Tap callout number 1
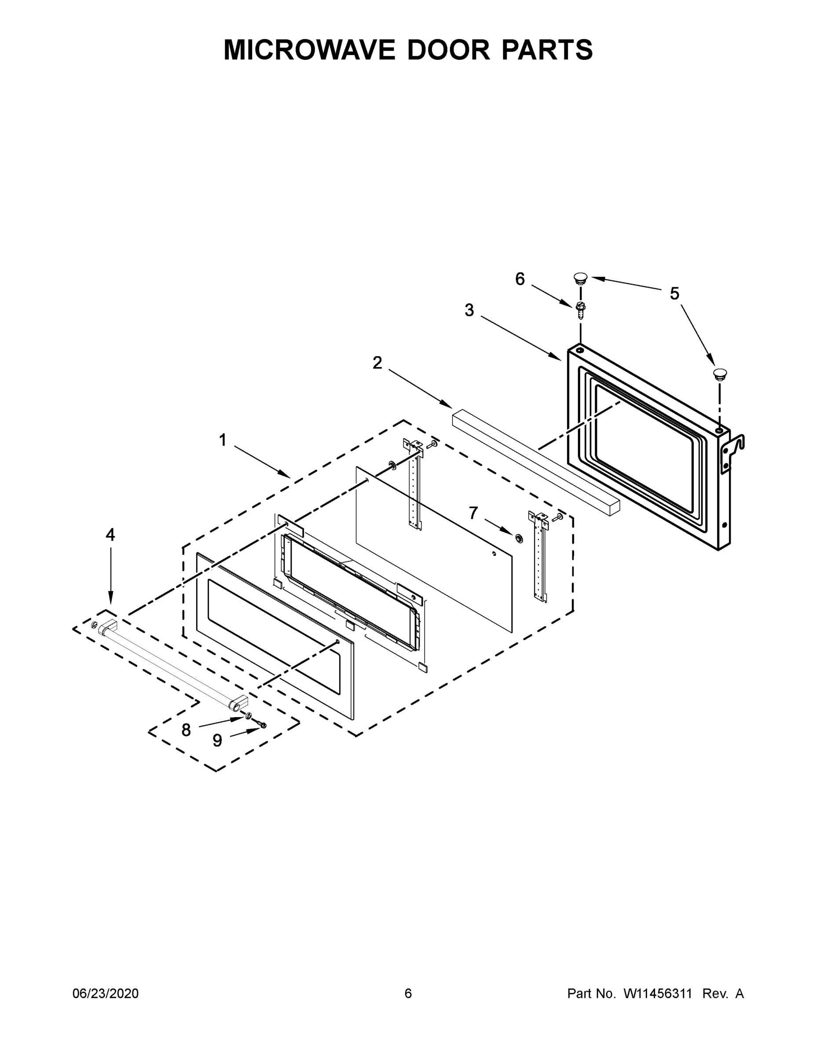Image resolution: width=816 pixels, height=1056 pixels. click(223, 440)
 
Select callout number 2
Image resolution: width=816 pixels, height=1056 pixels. click(377, 363)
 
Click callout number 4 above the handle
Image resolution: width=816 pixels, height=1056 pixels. click(110, 535)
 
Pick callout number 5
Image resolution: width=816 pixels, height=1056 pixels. click(674, 293)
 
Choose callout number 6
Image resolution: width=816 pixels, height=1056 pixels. click(520, 279)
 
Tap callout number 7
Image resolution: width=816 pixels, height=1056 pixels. click(473, 513)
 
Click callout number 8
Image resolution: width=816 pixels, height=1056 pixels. click(186, 730)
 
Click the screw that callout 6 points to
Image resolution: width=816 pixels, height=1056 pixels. click(580, 309)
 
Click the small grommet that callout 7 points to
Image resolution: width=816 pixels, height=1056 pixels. click(519, 538)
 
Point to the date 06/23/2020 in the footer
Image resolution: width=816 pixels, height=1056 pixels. click(106, 993)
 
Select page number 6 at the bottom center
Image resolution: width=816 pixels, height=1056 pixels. click(408, 993)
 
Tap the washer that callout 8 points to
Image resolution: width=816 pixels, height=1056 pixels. click(248, 715)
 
